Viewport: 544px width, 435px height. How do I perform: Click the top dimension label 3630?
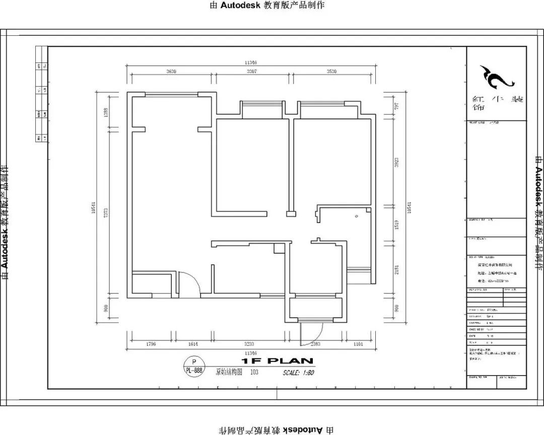coord(171,72)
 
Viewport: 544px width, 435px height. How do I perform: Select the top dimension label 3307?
coord(251,72)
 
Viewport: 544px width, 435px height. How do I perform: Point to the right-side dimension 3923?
coord(397,162)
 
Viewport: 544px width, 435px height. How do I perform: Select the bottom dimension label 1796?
coord(151,344)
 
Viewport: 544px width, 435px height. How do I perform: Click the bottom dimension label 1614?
coord(193,344)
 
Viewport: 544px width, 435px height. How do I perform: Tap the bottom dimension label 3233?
coord(249,344)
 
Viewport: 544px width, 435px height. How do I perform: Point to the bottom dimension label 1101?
coord(358,344)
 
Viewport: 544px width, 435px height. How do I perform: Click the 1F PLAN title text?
coord(277,361)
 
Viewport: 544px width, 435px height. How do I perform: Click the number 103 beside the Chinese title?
coord(254,373)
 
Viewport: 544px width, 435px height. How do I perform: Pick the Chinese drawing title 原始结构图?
coord(229,373)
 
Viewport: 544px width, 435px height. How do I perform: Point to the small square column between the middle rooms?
coord(290,214)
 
